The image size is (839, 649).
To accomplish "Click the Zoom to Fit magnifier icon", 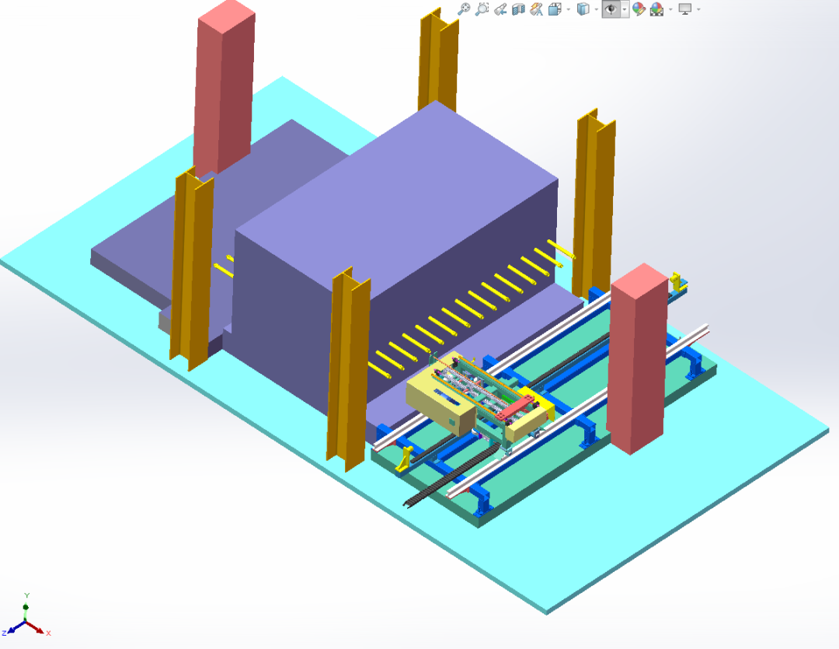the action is pyautogui.click(x=464, y=9).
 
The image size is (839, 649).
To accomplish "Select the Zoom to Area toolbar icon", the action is pyautogui.click(x=482, y=9).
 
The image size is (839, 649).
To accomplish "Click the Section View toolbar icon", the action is pyautogui.click(x=518, y=9).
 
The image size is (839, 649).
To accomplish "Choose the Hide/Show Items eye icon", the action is pyautogui.click(x=611, y=9).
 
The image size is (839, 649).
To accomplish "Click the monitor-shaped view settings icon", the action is pyautogui.click(x=685, y=9).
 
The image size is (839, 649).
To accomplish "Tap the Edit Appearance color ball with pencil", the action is pyautogui.click(x=639, y=9).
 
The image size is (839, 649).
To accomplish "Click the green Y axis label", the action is pyautogui.click(x=26, y=595).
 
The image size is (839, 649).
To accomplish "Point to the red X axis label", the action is pyautogui.click(x=48, y=633).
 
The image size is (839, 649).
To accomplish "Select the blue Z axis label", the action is pyautogui.click(x=5, y=633).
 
